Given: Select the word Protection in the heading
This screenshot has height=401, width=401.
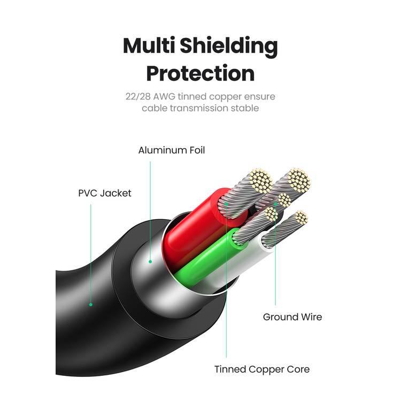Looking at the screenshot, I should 200,73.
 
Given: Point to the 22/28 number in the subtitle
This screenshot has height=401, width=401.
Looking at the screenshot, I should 136,97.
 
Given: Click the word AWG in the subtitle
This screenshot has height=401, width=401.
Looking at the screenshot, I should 164,97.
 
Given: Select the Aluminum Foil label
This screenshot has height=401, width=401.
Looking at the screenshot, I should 172,150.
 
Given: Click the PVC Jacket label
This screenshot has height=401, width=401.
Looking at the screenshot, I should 105,193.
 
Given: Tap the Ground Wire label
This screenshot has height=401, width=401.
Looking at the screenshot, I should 292,317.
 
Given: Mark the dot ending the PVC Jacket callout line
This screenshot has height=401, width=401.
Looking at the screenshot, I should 91,305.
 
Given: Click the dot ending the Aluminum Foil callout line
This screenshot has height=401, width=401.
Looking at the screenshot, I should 151,261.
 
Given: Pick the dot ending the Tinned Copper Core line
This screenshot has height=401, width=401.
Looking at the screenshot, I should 226,204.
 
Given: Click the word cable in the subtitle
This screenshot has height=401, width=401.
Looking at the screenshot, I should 154,108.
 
